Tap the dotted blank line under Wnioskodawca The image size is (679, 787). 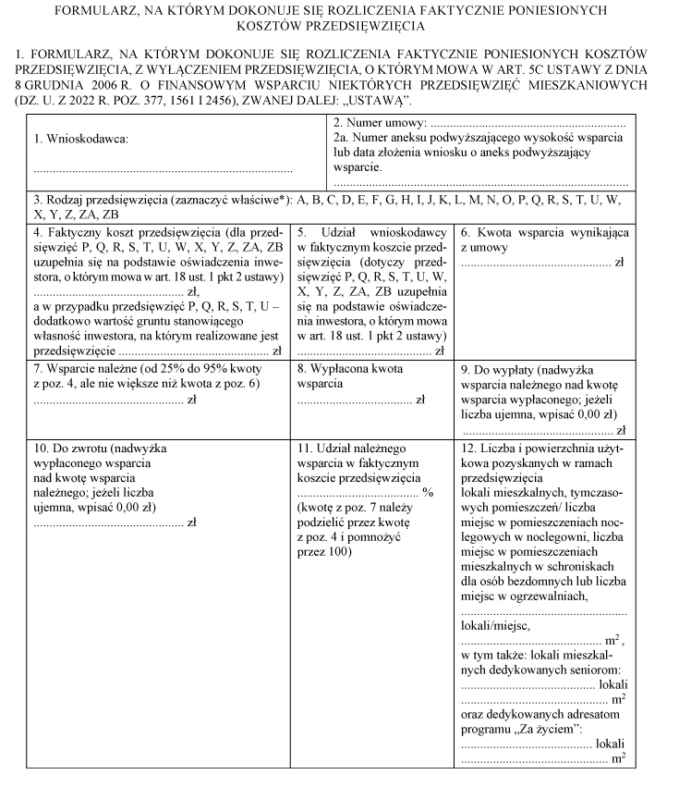(x=163, y=170)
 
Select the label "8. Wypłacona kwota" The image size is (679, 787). (x=352, y=368)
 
